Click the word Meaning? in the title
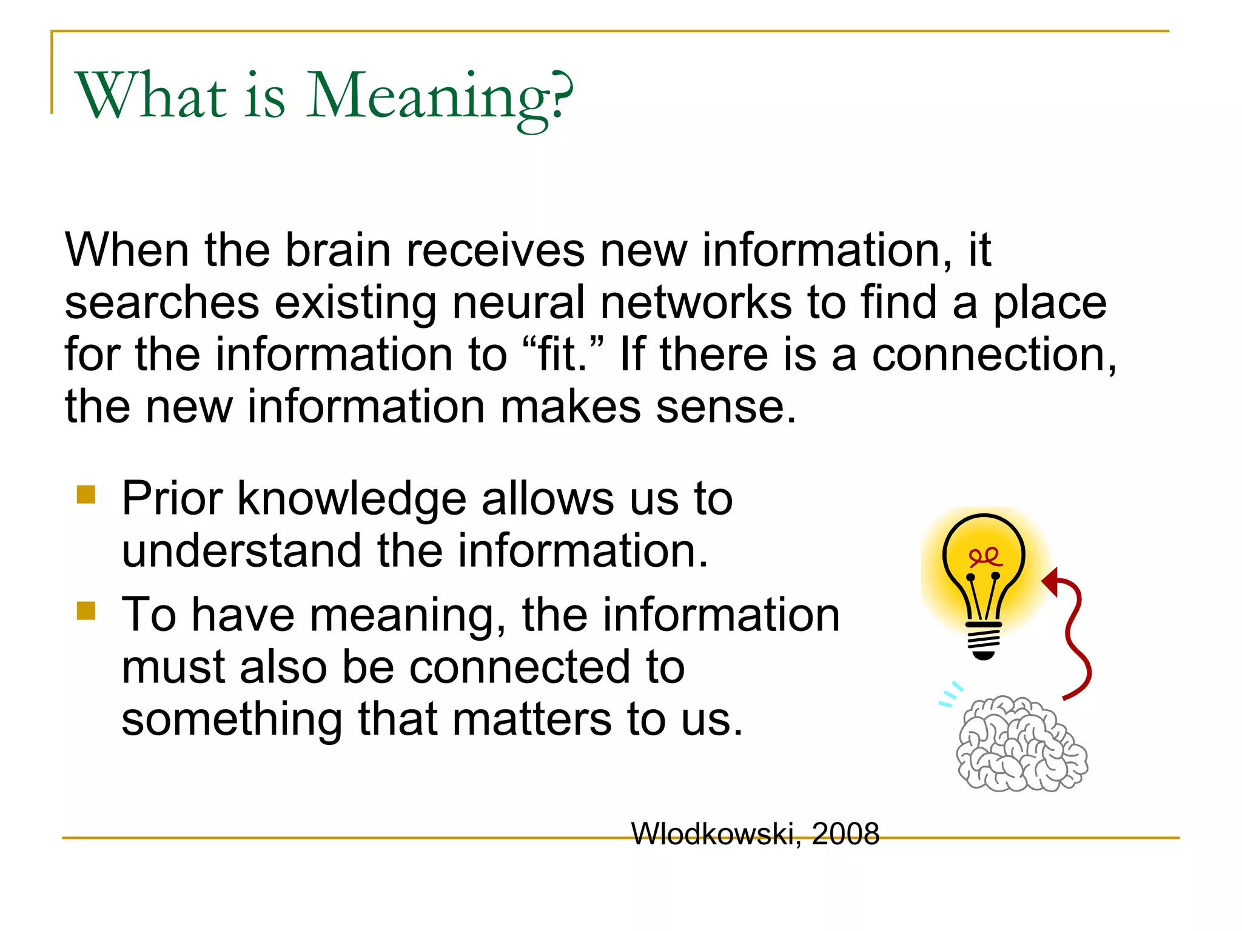pyautogui.click(x=440, y=97)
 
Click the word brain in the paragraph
pyautogui.click(x=338, y=250)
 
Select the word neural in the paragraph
pyautogui.click(x=519, y=302)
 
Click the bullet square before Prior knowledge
pyautogui.click(x=86, y=495)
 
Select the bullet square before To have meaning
pyautogui.click(x=86, y=611)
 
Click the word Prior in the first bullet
pyautogui.click(x=172, y=499)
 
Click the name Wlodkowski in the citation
pyautogui.click(x=713, y=834)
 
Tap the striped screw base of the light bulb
pyautogui.click(x=984, y=639)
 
